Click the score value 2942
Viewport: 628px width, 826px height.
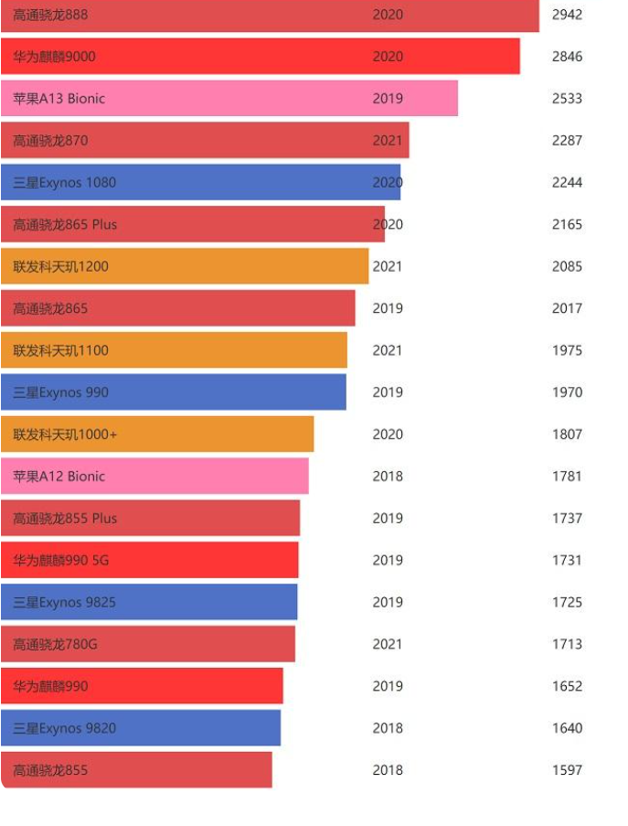click(567, 15)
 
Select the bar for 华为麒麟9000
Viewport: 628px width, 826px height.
click(261, 57)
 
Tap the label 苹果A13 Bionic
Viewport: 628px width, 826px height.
click(59, 99)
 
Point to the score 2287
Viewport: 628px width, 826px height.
click(567, 141)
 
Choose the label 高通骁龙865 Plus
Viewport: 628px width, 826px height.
click(65, 225)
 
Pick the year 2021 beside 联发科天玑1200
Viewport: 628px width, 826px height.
click(388, 267)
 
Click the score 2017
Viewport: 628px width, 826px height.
click(567, 309)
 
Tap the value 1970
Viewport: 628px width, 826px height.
click(567, 392)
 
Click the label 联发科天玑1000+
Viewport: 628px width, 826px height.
click(65, 434)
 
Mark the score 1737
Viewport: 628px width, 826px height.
click(567, 519)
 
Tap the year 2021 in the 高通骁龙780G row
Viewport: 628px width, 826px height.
click(388, 645)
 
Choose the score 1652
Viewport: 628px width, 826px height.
click(567, 687)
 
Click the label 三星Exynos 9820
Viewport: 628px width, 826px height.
click(65, 729)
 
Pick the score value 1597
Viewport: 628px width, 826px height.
click(567, 770)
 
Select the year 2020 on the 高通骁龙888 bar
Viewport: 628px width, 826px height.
click(388, 15)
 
